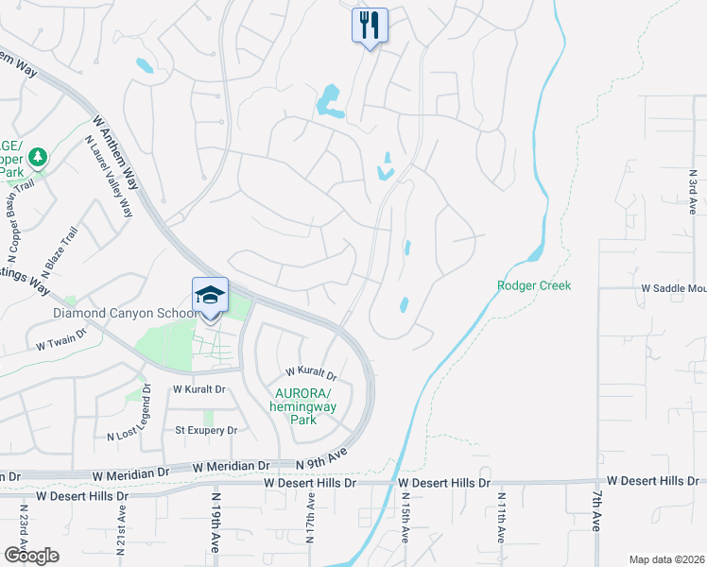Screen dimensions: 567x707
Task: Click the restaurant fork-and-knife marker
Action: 370,25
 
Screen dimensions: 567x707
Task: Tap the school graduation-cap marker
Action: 210,295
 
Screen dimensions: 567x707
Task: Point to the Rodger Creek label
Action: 534,285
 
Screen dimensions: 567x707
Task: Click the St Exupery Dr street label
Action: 207,430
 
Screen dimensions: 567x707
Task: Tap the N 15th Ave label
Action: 405,518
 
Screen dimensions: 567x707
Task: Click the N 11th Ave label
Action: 501,518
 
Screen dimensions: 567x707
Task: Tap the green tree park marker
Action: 37,156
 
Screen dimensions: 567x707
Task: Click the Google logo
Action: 32,556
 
